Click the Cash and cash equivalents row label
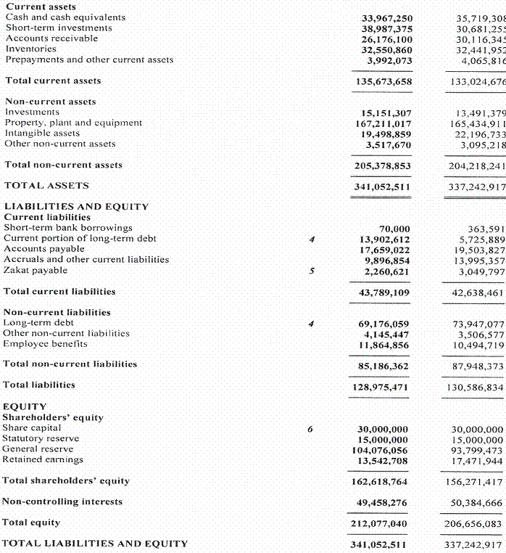pyautogui.click(x=65, y=17)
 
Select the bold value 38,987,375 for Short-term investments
pyautogui.click(x=386, y=28)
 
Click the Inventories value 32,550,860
pyautogui.click(x=386, y=50)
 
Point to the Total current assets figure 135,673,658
pyautogui.click(x=383, y=81)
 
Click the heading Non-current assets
pyautogui.click(x=50, y=102)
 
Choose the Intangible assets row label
pyautogui.click(x=42, y=134)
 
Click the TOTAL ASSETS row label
pyautogui.click(x=46, y=186)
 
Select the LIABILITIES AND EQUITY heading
pyautogui.click(x=76, y=207)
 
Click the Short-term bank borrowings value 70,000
pyautogui.click(x=394, y=229)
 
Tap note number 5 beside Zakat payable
pyautogui.click(x=310, y=271)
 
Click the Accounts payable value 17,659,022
pyautogui.click(x=386, y=250)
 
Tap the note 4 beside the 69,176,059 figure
pyautogui.click(x=310, y=323)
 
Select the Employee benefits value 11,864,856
pyautogui.click(x=386, y=344)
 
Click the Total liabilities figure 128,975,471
pyautogui.click(x=383, y=385)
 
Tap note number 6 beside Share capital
pyautogui.click(x=310, y=429)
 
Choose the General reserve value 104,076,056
pyautogui.click(x=383, y=450)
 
